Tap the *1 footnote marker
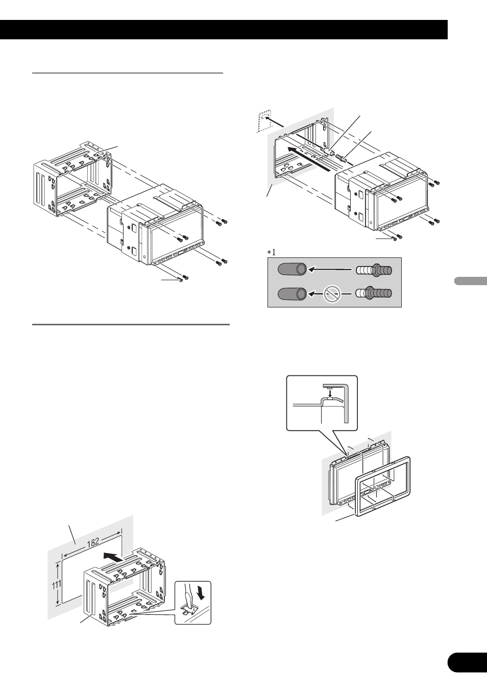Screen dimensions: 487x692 coord(270,252)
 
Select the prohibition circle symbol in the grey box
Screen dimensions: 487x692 coord(331,294)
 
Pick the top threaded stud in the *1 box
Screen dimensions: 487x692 coord(374,270)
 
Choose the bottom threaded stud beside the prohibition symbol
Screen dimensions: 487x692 coord(374,294)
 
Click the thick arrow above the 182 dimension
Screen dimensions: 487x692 coord(114,557)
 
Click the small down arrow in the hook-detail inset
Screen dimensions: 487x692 coord(331,393)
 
